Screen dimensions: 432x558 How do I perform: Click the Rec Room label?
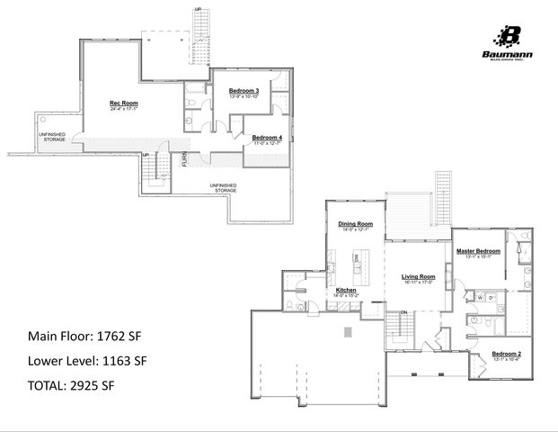pos(124,104)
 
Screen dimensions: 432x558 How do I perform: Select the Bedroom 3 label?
pos(244,91)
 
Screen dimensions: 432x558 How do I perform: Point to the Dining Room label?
pos(355,224)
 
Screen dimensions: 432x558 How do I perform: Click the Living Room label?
pos(418,276)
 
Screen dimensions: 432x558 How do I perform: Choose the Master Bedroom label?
pos(477,250)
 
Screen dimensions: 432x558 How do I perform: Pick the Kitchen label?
pos(347,291)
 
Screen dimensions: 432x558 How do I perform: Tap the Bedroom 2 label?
pos(507,355)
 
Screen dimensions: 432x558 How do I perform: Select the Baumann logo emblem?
pos(509,35)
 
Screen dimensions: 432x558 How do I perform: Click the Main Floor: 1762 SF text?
pos(84,337)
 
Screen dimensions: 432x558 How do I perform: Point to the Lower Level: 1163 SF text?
pos(86,362)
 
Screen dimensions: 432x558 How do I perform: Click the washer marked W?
pos(481,297)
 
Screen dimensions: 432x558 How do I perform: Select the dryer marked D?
pos(492,297)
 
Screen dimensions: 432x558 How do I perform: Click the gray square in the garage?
pos(349,331)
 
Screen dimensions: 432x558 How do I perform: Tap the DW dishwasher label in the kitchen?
pos(356,257)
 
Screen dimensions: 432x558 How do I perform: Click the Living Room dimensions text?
pos(418,283)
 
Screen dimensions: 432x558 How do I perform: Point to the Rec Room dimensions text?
pos(124,111)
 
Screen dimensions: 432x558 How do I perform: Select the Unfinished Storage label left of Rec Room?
pos(51,137)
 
